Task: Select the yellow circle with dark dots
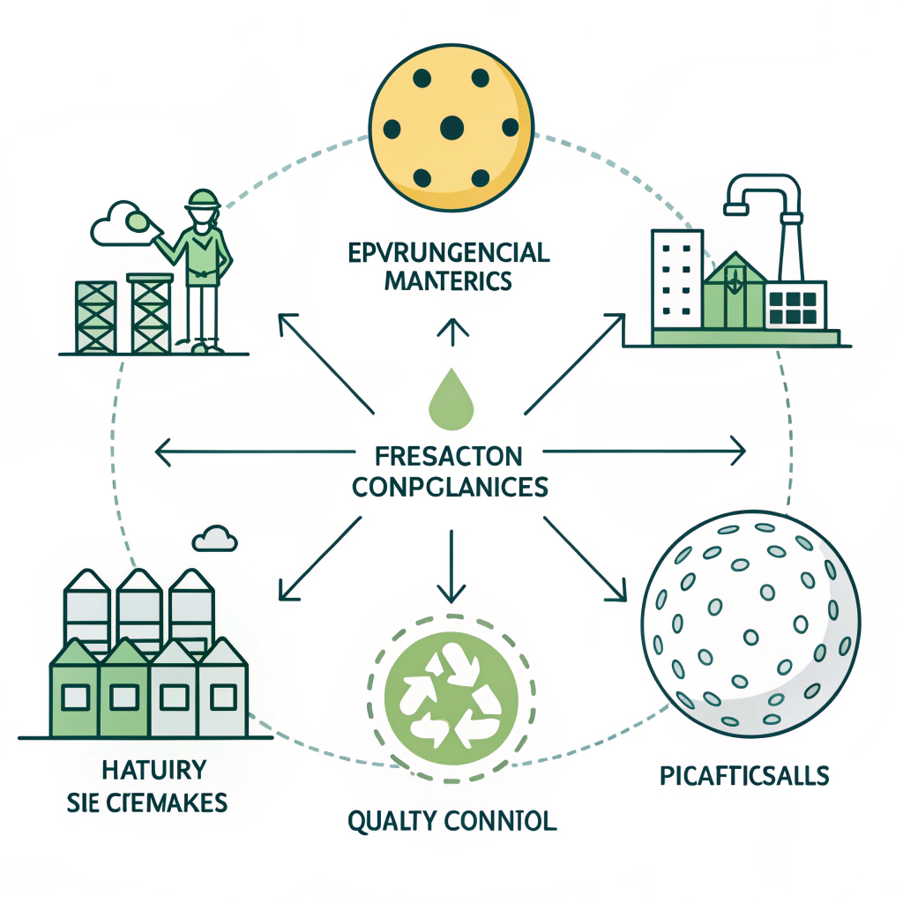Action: coord(451,127)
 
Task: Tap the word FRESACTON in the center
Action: coord(450,457)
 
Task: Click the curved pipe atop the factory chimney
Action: coord(764,190)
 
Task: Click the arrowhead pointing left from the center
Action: coord(161,453)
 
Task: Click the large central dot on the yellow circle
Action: coord(451,127)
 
